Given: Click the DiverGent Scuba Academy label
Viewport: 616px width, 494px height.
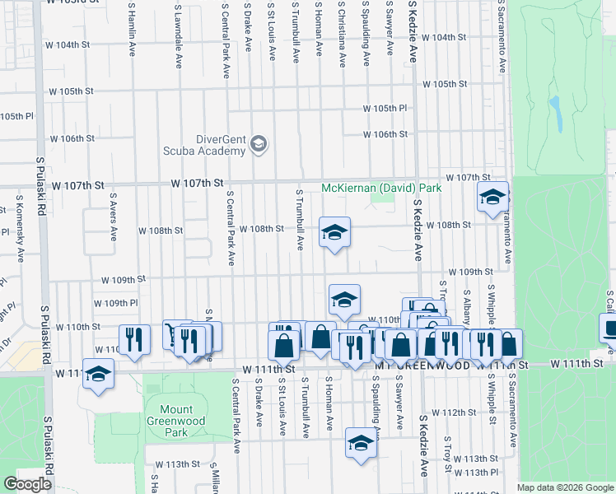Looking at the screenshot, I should (x=209, y=145).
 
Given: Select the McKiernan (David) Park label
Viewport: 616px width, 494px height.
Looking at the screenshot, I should (x=381, y=188).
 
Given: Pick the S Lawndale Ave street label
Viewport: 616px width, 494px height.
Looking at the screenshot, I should (x=178, y=33).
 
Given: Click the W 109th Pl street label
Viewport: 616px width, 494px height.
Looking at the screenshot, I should (x=115, y=303).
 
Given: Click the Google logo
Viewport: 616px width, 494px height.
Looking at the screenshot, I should (x=28, y=484).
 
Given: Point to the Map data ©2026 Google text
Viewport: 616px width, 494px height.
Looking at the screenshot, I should (x=564, y=487).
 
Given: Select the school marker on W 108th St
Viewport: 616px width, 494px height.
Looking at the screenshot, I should (x=334, y=232).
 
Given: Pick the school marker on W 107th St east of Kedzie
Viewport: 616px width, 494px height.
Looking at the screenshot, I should (x=493, y=197).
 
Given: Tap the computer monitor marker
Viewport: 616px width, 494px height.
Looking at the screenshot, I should (x=610, y=329).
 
